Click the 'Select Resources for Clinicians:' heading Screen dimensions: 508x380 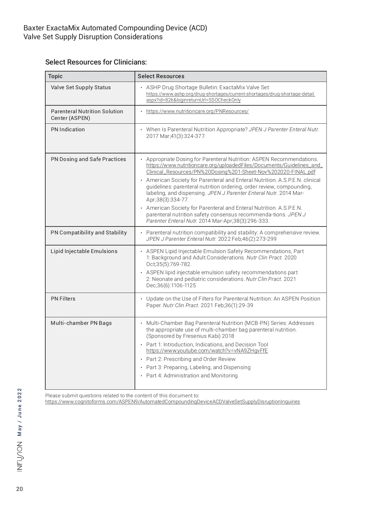click(96, 62)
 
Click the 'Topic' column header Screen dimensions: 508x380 click(55, 76)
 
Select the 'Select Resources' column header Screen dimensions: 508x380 click(161, 76)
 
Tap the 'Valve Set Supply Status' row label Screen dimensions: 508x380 click(81, 87)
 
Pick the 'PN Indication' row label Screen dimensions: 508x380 click(68, 129)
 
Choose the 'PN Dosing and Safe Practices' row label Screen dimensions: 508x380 click(88, 159)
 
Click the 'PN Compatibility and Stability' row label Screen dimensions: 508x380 click(89, 232)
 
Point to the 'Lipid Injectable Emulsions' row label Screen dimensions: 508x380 click(84, 251)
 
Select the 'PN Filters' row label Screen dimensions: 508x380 click(63, 299)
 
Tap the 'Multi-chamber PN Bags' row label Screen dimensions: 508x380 click(81, 323)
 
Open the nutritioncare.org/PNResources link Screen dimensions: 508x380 click(197, 111)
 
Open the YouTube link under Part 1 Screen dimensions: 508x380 click(207, 350)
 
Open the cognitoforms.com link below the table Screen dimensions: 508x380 click(173, 402)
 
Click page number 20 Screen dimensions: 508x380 click(20, 489)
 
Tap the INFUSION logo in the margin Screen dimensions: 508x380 click(20, 456)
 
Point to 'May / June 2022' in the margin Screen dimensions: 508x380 click(20, 412)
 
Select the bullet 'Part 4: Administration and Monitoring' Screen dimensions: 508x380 click(192, 375)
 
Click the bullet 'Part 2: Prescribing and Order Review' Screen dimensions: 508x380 click(191, 359)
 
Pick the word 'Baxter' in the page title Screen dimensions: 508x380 click(34, 28)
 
